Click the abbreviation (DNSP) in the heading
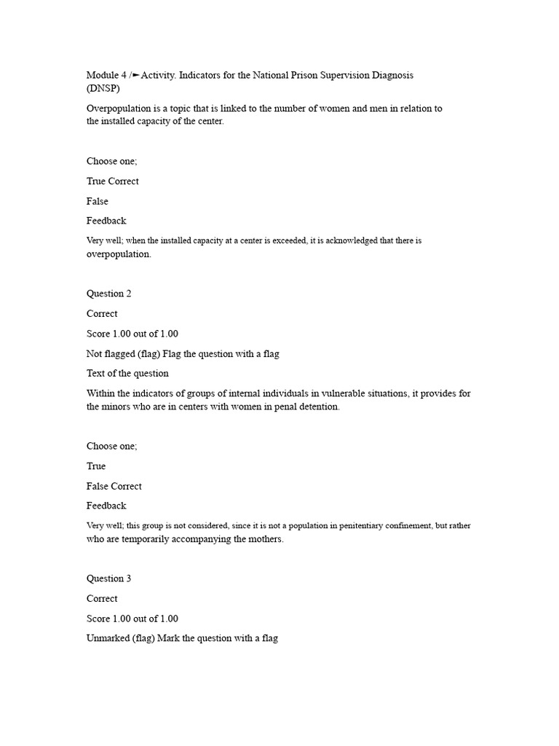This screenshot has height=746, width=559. coord(103,89)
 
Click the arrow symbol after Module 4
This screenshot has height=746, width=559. coord(136,75)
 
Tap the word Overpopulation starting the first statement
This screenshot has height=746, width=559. coord(119,109)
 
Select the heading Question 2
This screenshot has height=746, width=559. coord(109,294)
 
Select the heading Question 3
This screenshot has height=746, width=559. coord(109,578)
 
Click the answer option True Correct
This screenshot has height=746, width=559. coord(113,181)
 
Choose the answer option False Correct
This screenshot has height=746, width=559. coord(115,486)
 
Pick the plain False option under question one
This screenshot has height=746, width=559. coord(98,201)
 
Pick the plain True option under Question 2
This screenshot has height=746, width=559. coord(96,466)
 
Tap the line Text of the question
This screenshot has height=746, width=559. coord(127,373)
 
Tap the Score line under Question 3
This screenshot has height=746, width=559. coord(132,619)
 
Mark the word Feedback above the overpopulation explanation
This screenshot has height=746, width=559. coord(106,220)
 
